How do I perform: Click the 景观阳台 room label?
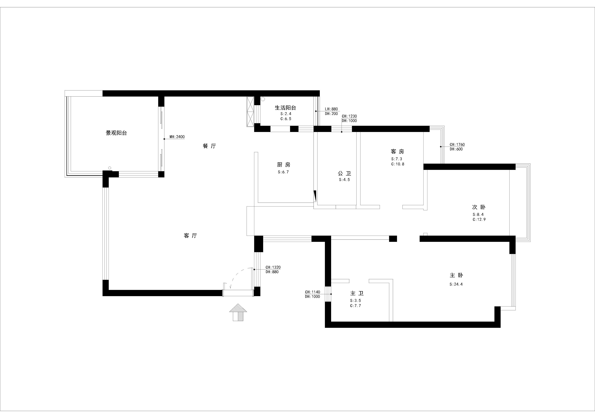[116, 133]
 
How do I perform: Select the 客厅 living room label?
[190, 236]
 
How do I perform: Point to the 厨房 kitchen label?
[284, 165]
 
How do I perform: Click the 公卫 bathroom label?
[344, 173]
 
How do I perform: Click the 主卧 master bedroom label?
[456, 275]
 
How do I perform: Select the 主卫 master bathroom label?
[357, 293]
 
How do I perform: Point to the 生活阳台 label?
[285, 108]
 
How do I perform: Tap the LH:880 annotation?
[331, 109]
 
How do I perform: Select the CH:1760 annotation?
[457, 145]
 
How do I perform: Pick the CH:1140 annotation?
[313, 292]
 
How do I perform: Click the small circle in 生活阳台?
[263, 99]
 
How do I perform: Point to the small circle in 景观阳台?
[110, 168]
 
